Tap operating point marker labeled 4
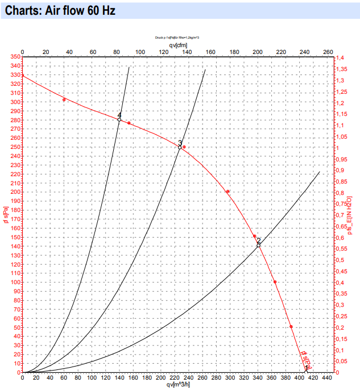(x=119, y=119)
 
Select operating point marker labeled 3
(x=180, y=147)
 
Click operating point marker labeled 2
(x=259, y=246)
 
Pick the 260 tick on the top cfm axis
(x=328, y=52)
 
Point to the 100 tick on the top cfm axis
(x=139, y=52)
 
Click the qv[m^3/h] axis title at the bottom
(x=177, y=385)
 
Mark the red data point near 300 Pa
(x=64, y=99)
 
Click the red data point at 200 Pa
(x=228, y=192)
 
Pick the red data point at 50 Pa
(x=291, y=327)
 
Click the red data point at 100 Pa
(x=275, y=282)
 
